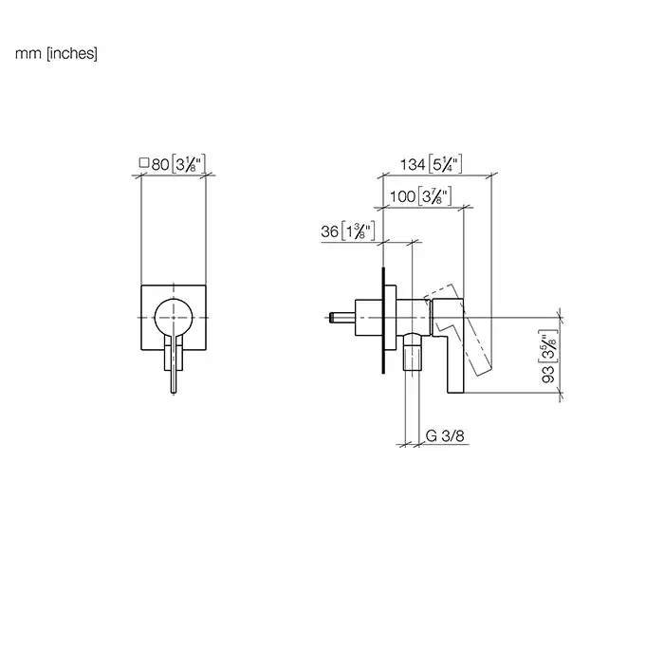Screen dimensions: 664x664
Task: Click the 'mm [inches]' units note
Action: click(56, 54)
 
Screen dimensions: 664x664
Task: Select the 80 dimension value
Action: click(160, 164)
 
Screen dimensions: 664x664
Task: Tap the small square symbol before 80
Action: click(144, 163)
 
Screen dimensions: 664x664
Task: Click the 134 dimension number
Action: click(413, 164)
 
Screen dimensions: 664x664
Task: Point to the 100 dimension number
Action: click(402, 196)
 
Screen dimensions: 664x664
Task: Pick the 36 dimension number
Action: click(329, 231)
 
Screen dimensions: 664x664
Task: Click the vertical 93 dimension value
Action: click(548, 375)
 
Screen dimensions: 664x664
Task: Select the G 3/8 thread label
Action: click(445, 435)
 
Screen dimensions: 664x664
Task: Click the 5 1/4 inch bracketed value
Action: click(445, 164)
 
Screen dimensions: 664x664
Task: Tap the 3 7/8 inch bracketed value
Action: click(434, 196)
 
